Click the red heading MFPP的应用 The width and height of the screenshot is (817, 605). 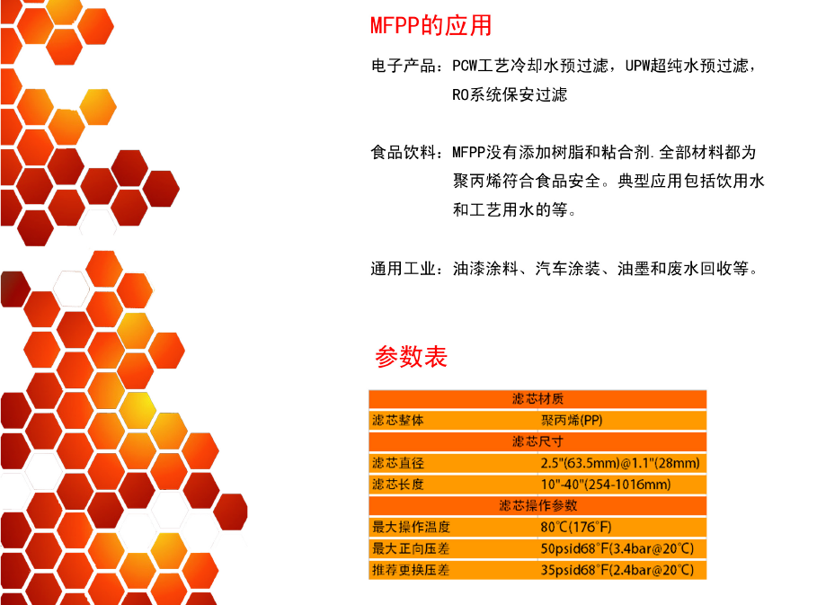point(431,25)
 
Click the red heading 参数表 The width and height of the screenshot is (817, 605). point(411,357)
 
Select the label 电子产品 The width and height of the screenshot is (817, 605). point(404,66)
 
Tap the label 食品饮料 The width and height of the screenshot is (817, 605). point(404,152)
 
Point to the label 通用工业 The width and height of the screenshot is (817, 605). point(404,269)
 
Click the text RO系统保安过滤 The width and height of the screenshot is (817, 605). point(510,94)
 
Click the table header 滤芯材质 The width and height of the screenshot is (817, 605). point(537,399)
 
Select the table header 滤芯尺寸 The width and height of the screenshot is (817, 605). point(537,442)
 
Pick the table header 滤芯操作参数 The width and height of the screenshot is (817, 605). point(537,505)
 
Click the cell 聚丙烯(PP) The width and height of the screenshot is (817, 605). point(572,421)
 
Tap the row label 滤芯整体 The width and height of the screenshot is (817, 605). point(398,421)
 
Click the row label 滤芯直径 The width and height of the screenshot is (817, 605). point(398,463)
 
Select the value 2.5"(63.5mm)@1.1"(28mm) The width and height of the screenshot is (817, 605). point(620,463)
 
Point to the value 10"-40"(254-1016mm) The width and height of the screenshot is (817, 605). point(606,485)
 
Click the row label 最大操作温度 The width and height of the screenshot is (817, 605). point(411,527)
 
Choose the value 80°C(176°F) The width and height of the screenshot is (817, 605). point(576,527)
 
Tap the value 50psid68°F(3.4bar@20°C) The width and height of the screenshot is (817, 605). point(617,548)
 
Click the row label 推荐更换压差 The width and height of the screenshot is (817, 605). point(411,570)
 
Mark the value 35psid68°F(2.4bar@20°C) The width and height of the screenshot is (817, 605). point(617,570)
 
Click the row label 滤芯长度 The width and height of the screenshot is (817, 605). point(398,485)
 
